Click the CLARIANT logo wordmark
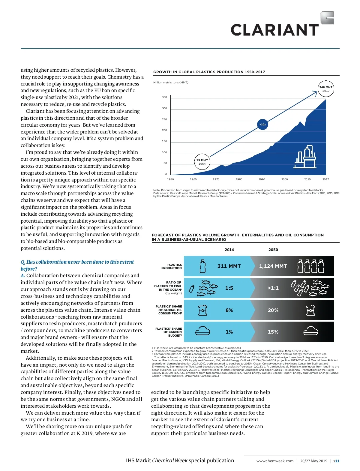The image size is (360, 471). tap(274, 30)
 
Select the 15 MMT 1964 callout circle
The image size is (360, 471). tap(202, 162)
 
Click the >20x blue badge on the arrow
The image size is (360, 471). tap(262, 124)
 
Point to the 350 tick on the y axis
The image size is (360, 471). tap(164, 97)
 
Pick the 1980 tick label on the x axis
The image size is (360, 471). tap(239, 179)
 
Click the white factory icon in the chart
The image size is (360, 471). tap(305, 157)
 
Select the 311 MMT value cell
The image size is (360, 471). tap(229, 266)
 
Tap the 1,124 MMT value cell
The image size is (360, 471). tap(273, 266)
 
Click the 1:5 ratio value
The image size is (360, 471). tap(229, 288)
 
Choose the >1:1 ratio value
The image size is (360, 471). tap(273, 288)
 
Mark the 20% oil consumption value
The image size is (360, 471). tap(273, 310)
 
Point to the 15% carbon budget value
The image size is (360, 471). tap(273, 332)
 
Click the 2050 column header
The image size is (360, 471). tap(273, 250)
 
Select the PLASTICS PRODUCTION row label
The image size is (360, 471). tap(172, 266)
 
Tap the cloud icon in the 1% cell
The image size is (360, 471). tap(202, 331)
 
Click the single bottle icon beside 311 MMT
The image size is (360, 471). tap(203, 266)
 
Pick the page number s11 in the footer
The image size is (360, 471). tap(336, 461)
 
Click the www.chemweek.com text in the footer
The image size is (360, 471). tap(275, 461)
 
